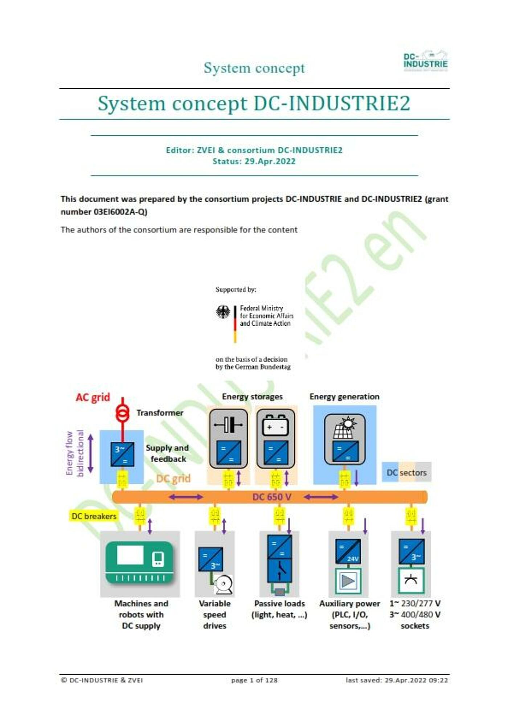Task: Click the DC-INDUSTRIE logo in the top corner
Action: [426, 61]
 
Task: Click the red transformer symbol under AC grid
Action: [122, 413]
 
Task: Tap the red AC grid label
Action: [93, 397]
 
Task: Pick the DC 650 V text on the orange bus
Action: [272, 497]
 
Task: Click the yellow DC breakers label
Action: [94, 516]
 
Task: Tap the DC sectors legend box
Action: [406, 472]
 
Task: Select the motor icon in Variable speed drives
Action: [223, 584]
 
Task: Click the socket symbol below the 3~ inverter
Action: [411, 580]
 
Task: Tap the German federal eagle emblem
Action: [223, 312]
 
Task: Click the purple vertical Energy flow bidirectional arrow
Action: [91, 453]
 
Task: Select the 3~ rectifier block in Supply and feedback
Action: [122, 454]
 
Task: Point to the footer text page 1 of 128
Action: [254, 680]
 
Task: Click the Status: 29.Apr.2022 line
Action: [254, 161]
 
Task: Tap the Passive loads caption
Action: [279, 603]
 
